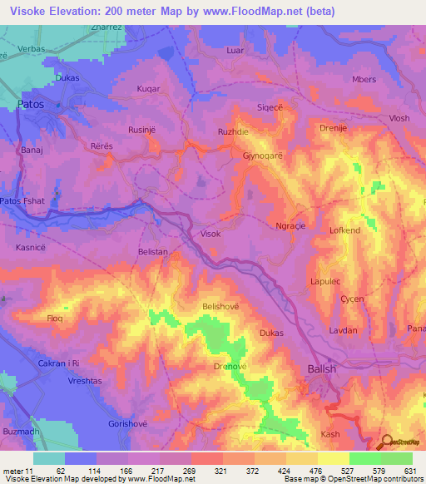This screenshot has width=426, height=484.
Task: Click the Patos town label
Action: pos(31,104)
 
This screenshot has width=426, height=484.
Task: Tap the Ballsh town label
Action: pos(322,368)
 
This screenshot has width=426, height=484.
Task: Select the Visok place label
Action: pos(211,235)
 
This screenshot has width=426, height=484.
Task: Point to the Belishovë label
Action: pos(220,306)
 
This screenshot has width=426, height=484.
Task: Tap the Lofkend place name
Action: pos(345,230)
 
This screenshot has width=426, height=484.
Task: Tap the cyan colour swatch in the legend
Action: pos(49,458)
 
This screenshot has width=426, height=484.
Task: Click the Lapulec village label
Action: pos(326,281)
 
